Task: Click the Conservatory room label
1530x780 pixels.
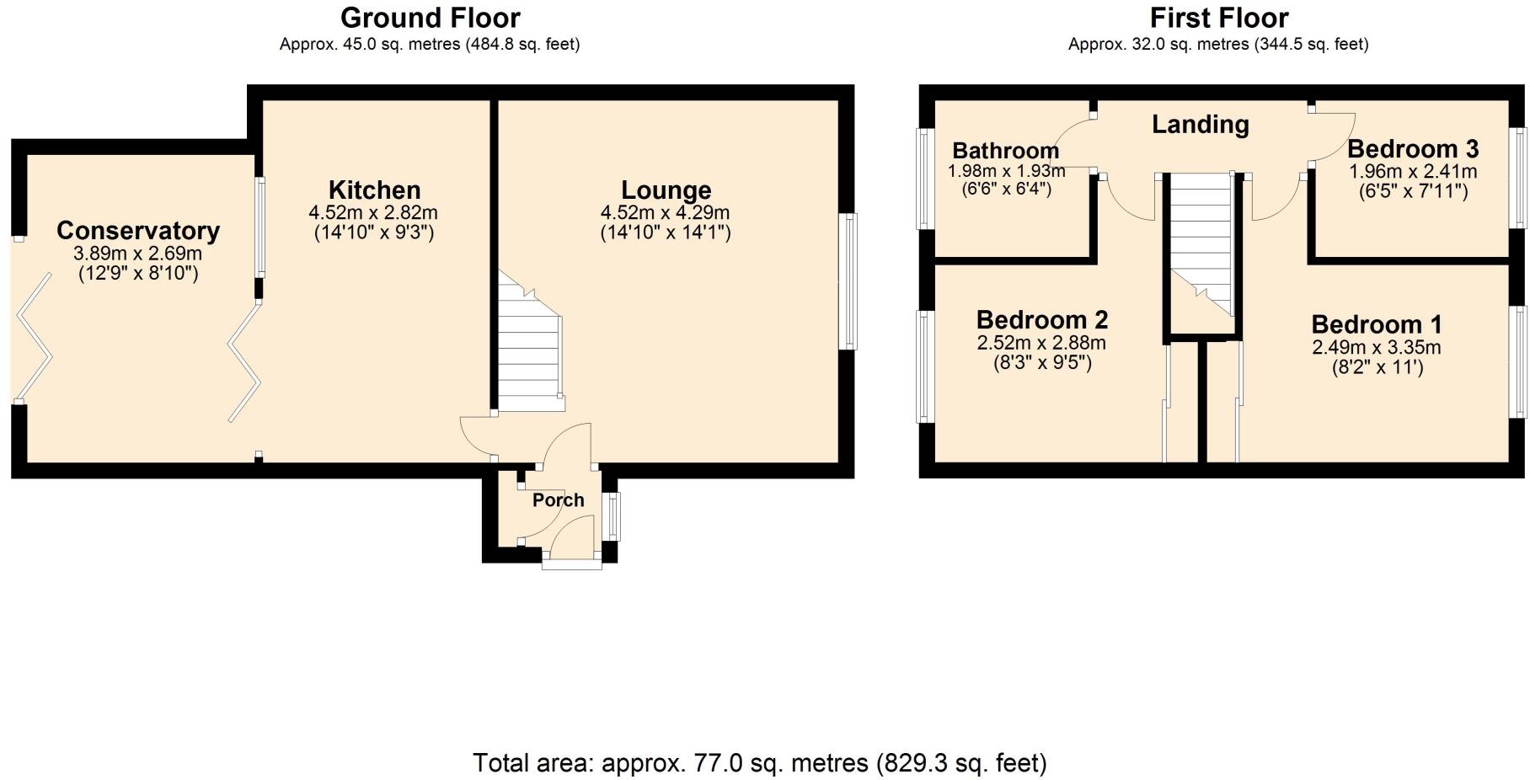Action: pos(138,230)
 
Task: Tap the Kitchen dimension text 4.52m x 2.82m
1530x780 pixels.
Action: pos(373,213)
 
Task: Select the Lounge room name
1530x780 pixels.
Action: pos(666,190)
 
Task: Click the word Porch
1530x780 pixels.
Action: pos(558,500)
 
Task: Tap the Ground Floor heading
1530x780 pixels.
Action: pos(430,18)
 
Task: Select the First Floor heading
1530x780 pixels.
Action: pos(1218,18)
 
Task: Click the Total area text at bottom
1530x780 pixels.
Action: pos(759,763)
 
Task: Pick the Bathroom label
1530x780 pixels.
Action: pos(1005,151)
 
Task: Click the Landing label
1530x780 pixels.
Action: pos(1200,125)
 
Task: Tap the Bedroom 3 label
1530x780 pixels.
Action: pos(1412,149)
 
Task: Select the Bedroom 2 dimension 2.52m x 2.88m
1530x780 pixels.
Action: pos(1041,343)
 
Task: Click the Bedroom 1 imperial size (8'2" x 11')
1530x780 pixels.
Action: pos(1377,367)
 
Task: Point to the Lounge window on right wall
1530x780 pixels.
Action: pos(851,280)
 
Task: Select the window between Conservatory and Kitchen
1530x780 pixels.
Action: pos(260,227)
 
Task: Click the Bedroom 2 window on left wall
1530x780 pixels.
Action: pos(924,366)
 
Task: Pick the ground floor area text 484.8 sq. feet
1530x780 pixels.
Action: pos(522,44)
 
